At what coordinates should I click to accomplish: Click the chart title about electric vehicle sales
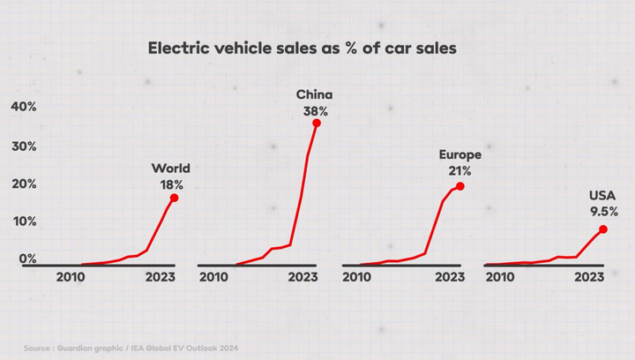click(x=303, y=49)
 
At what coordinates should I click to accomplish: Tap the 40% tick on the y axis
click(x=24, y=107)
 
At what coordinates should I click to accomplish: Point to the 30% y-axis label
click(x=24, y=146)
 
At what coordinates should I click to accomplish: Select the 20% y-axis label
click(x=24, y=184)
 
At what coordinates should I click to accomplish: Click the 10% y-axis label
click(x=25, y=221)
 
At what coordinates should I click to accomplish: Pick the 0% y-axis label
click(x=27, y=259)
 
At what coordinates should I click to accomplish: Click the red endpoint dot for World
click(x=174, y=198)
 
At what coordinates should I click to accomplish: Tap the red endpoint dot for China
click(x=317, y=124)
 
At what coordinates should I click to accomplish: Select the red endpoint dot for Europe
click(x=460, y=186)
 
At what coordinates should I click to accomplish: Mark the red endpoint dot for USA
click(x=603, y=229)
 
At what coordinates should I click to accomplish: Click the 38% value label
click(x=316, y=111)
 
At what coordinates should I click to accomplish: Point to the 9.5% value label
click(x=604, y=212)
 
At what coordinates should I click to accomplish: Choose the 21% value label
click(x=459, y=171)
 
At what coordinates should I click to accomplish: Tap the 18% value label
click(x=172, y=185)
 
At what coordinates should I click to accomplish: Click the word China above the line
click(x=314, y=94)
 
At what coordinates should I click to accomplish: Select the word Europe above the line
click(x=460, y=154)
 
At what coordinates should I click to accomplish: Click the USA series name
click(x=602, y=196)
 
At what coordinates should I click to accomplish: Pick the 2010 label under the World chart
click(x=71, y=277)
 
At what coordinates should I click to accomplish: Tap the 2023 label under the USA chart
click(x=589, y=277)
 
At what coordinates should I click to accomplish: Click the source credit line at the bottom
click(x=131, y=349)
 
